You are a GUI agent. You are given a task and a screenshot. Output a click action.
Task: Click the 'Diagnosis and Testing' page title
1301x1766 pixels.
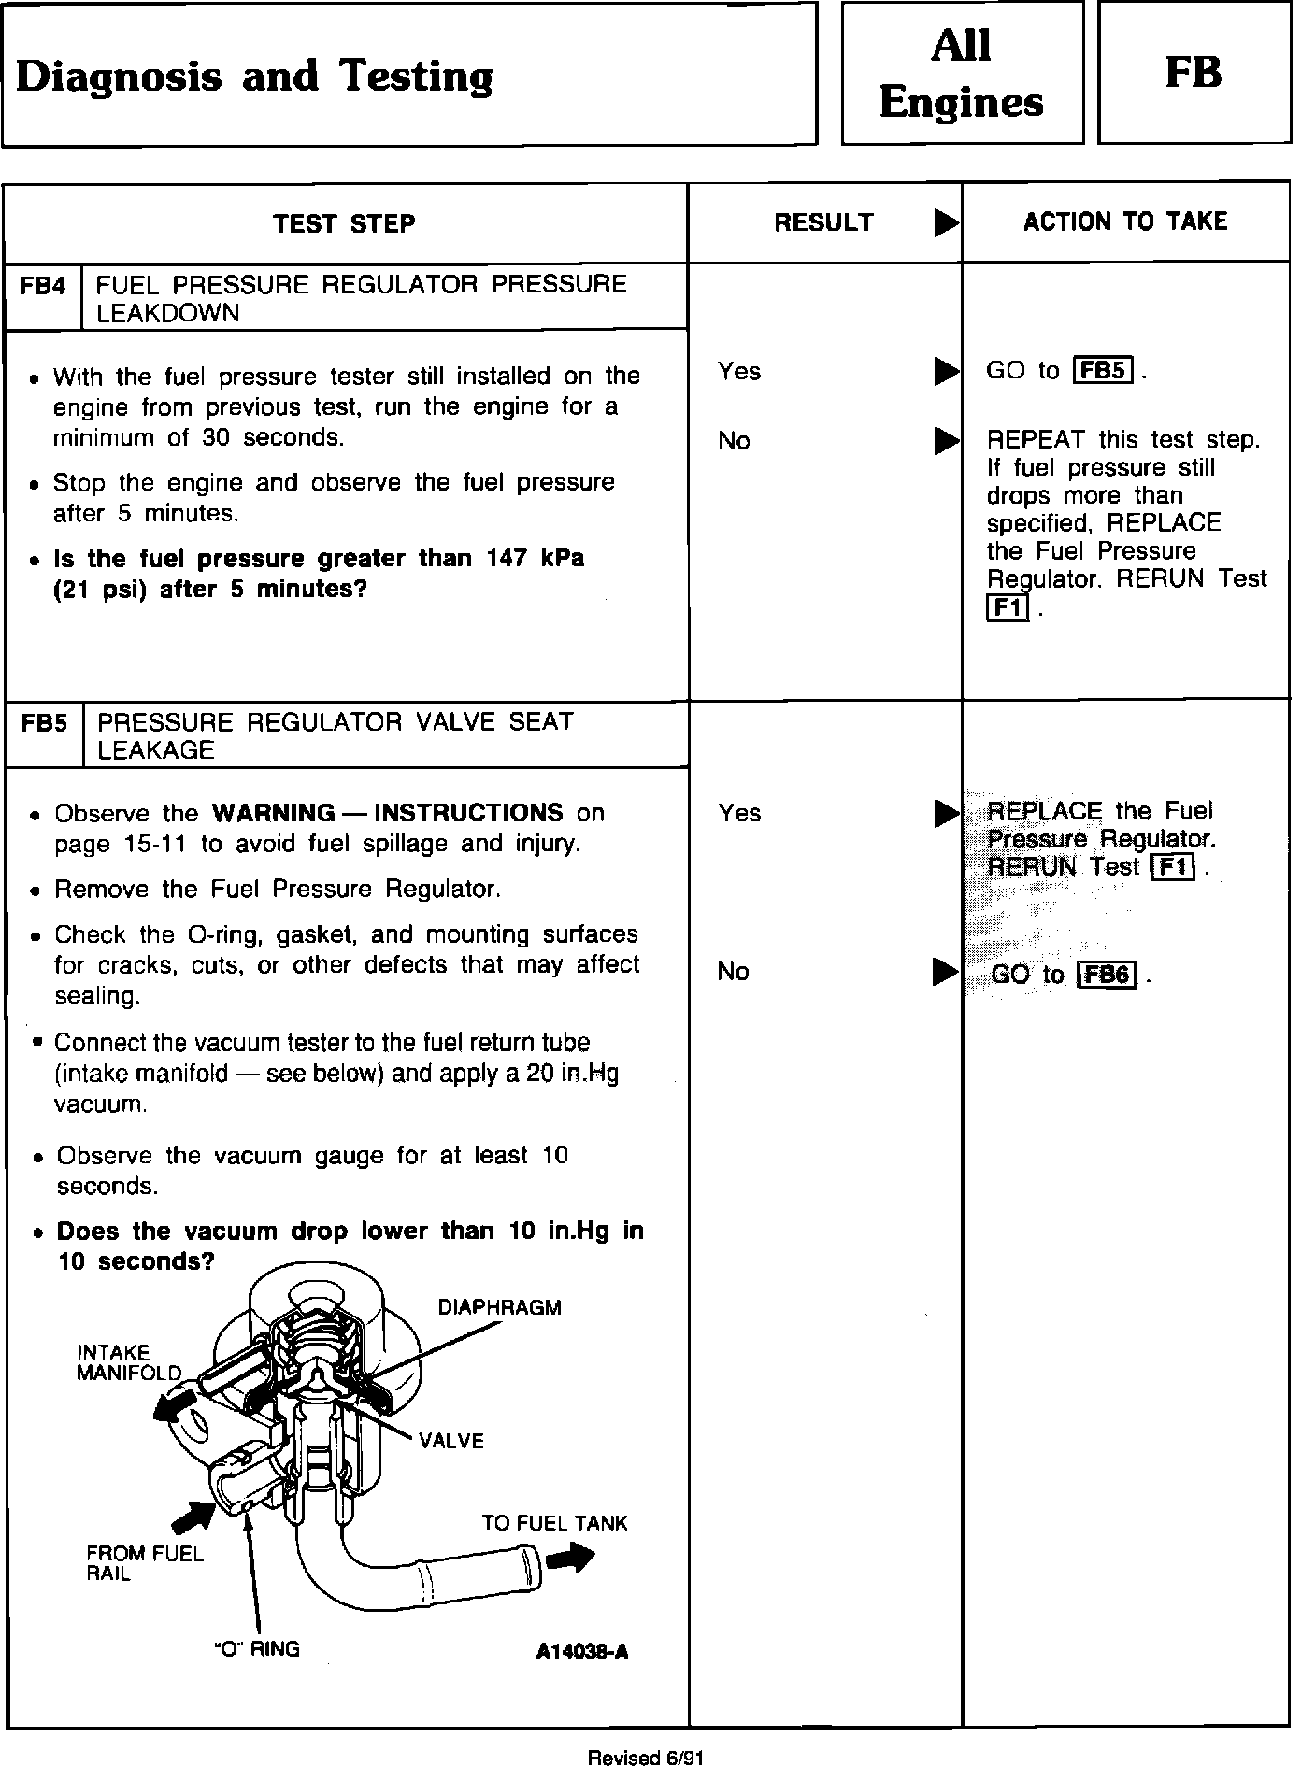pos(254,76)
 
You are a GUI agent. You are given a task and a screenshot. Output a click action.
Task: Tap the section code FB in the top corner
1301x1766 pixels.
pos(1194,73)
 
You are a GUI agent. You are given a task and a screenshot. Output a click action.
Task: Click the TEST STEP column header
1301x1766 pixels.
pos(344,223)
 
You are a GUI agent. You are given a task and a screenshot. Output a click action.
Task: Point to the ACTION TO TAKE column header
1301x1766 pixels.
pos(1125,221)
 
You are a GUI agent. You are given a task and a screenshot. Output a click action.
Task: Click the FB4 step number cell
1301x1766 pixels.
pos(43,286)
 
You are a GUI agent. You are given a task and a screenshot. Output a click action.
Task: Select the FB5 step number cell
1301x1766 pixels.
pos(44,723)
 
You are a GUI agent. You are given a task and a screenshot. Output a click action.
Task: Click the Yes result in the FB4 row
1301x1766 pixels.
pos(739,372)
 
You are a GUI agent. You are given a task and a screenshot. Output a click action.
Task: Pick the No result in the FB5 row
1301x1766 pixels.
pos(734,973)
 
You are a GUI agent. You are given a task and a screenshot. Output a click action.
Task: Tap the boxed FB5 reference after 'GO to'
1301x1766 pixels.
pos(1103,371)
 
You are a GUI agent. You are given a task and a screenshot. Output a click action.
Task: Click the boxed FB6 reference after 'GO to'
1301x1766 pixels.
pos(1107,976)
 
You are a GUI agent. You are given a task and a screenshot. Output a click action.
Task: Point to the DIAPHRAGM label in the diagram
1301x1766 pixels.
pos(499,1307)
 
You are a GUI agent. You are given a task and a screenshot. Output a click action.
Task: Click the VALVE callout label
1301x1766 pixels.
pos(451,1441)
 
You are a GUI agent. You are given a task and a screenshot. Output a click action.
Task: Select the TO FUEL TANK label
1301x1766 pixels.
pos(554,1523)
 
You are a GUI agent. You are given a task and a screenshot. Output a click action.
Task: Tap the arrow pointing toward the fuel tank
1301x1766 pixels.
pos(569,1558)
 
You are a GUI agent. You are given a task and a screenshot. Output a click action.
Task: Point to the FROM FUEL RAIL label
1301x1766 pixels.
pos(144,1563)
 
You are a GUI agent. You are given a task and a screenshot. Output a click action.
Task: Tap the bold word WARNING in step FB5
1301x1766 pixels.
pos(273,813)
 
